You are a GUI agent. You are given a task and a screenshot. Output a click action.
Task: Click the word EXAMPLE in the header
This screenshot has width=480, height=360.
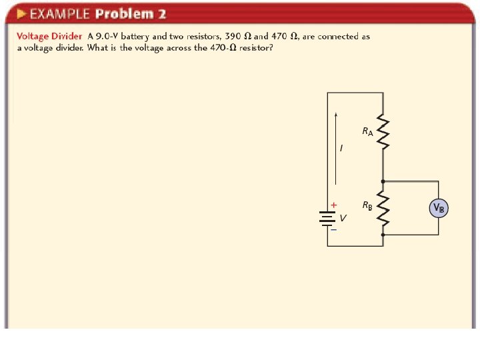click(x=60, y=14)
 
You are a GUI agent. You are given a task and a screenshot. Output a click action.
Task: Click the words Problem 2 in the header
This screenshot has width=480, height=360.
click(x=131, y=14)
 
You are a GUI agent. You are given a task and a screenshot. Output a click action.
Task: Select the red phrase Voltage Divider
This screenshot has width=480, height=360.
click(x=49, y=37)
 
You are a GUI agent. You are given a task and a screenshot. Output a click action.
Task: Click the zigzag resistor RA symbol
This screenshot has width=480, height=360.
click(x=383, y=132)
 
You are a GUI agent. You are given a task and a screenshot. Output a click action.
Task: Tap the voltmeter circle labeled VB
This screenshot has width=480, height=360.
click(x=439, y=208)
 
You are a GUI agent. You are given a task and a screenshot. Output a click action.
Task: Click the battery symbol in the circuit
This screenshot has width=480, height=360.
click(x=327, y=219)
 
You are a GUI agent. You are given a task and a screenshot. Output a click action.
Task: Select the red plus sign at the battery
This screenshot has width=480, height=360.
click(x=334, y=205)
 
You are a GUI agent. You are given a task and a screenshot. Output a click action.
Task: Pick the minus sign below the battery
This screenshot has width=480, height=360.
click(x=333, y=230)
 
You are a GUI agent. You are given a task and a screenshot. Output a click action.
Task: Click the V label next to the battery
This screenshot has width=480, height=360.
click(x=343, y=218)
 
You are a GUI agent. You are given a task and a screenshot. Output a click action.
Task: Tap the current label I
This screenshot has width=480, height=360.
click(x=342, y=148)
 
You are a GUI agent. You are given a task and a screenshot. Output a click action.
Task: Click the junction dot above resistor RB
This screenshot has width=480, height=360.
click(x=383, y=181)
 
